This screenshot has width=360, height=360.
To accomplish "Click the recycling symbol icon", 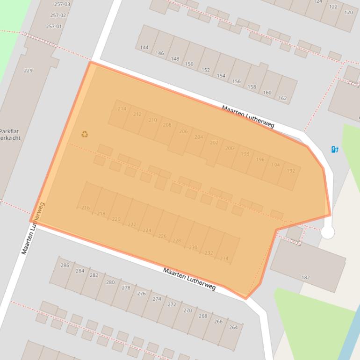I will (85, 134).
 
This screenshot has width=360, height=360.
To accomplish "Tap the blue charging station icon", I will (335, 150).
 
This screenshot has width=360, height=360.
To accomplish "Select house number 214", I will (122, 109).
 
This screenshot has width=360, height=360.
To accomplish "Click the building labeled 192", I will (291, 171).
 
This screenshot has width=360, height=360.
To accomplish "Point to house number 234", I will (224, 259).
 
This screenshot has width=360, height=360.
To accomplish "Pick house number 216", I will (86, 208).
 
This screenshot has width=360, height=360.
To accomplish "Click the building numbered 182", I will (305, 277).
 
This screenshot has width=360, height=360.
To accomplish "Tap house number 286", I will (65, 266).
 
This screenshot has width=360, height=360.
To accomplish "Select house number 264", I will (233, 327).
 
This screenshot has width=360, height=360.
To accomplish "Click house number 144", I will (144, 48).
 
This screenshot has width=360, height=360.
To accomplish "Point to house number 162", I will (282, 98).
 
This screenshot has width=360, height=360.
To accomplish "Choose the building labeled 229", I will (28, 71).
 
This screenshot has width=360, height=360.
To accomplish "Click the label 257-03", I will (62, 4).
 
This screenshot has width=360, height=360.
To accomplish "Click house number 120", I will (348, 13).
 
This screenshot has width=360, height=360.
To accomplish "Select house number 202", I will (214, 143).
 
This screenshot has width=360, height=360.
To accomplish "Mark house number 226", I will (162, 236).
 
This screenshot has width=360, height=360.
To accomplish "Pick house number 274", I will (157, 299).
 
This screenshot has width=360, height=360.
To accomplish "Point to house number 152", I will (206, 70).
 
